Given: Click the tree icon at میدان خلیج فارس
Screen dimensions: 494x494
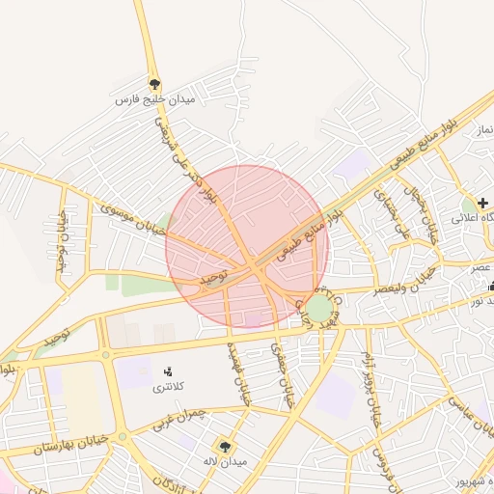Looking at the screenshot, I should coord(154,84).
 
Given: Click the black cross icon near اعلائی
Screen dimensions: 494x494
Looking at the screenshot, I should coord(482,204).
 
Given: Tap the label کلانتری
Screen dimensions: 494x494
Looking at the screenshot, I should coord(165,388).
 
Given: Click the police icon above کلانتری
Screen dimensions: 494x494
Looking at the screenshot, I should coord(168,371).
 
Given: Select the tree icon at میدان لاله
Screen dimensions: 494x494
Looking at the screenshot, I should coord(226,446).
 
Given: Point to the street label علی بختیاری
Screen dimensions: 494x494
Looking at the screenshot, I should coord(390,213).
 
